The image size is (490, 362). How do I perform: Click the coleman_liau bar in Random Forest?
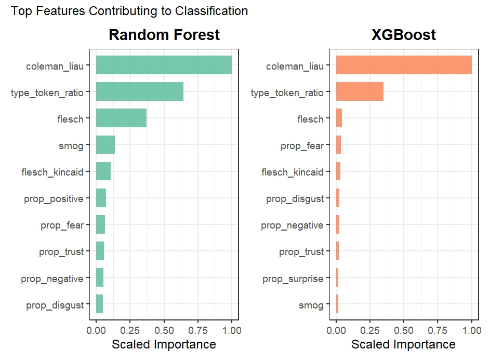tap(164, 65)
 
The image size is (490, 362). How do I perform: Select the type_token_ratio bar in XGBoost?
tap(360, 91)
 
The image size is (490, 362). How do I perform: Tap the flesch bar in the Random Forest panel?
tap(121, 118)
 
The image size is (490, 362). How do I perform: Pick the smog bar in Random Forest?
tap(105, 144)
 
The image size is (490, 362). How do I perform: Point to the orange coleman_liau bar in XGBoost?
tap(404, 65)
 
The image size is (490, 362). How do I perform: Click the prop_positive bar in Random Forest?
tap(101, 198)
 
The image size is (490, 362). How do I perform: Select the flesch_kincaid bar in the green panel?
tap(103, 171)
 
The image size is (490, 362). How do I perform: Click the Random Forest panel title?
tap(164, 35)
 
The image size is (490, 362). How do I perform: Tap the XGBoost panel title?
tap(404, 35)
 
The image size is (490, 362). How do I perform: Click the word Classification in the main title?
tap(211, 11)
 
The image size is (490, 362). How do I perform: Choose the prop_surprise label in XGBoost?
tap(293, 278)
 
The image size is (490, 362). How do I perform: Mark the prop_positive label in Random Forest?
tap(54, 199)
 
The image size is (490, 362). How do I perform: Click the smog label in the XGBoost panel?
tap(311, 305)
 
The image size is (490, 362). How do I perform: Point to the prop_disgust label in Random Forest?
tap(55, 305)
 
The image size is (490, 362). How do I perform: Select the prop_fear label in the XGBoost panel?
tap(302, 146)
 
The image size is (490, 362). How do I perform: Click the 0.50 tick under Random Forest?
tap(164, 330)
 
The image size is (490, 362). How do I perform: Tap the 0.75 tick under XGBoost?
tap(438, 330)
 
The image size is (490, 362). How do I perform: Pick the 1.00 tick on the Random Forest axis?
tap(232, 330)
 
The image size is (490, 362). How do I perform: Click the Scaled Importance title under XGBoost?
tap(403, 344)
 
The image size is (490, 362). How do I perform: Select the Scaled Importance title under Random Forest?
tap(164, 344)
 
